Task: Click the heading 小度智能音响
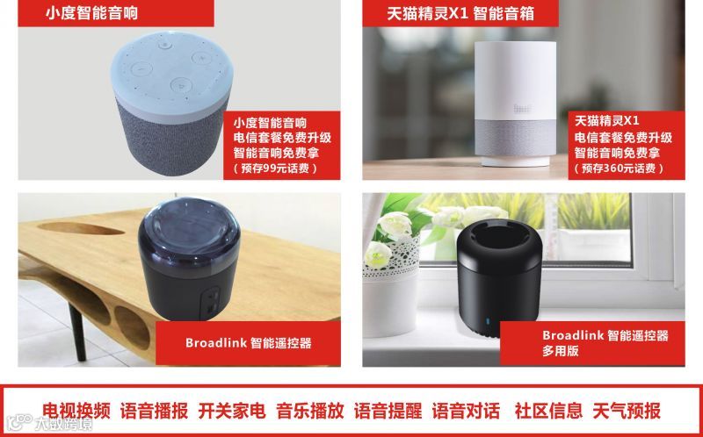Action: point(92,12)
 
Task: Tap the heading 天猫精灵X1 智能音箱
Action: point(460,13)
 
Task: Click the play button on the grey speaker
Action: point(180,85)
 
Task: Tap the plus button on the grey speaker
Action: point(202,58)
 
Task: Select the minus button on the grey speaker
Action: point(141,69)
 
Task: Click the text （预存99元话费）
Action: point(275,168)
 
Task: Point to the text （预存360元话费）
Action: point(620,168)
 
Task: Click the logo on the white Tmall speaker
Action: point(522,108)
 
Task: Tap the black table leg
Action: point(77,332)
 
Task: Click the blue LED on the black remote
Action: point(487,321)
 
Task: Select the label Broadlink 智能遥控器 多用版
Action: point(605,343)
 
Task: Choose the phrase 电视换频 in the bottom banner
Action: point(76,411)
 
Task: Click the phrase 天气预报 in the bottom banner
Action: point(627,411)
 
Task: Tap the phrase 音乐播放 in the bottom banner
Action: point(310,411)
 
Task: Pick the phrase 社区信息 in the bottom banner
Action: point(548,411)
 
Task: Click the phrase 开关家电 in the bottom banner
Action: point(232,411)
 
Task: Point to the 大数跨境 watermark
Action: point(50,423)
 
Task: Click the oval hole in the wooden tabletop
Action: point(81,228)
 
